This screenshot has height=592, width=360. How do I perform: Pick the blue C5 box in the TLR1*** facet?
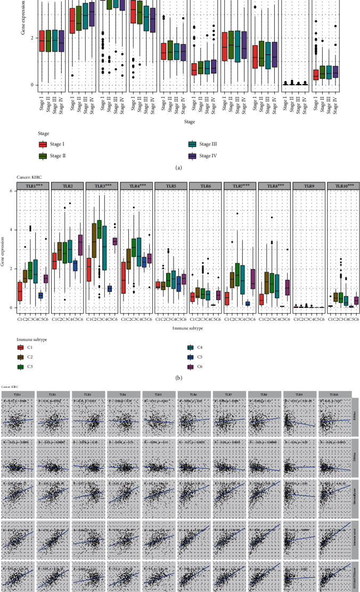pyautogui.click(x=55, y=295)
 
